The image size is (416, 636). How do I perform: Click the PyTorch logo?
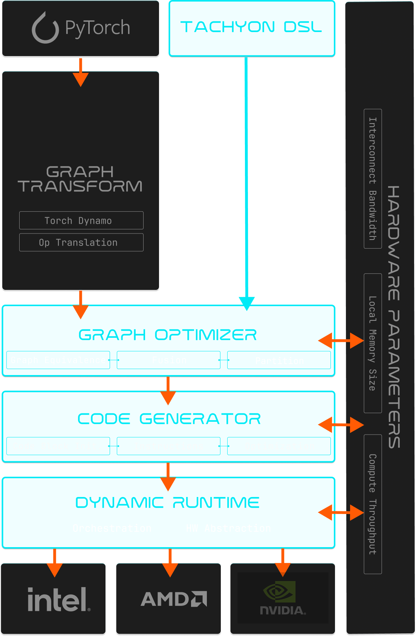pyautogui.click(x=81, y=28)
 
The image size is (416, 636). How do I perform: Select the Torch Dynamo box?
pyautogui.click(x=81, y=221)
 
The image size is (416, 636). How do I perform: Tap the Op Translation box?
pyautogui.click(x=81, y=243)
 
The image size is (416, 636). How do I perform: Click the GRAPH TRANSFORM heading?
pyautogui.click(x=80, y=179)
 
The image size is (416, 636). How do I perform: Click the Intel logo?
pyautogui.click(x=58, y=599)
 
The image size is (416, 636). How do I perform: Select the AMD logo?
pyautogui.click(x=174, y=599)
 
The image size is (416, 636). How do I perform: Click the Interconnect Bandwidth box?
pyautogui.click(x=373, y=179)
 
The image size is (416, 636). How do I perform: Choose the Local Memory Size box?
pyautogui.click(x=373, y=343)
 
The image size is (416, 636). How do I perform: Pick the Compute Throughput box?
pyautogui.click(x=373, y=504)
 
